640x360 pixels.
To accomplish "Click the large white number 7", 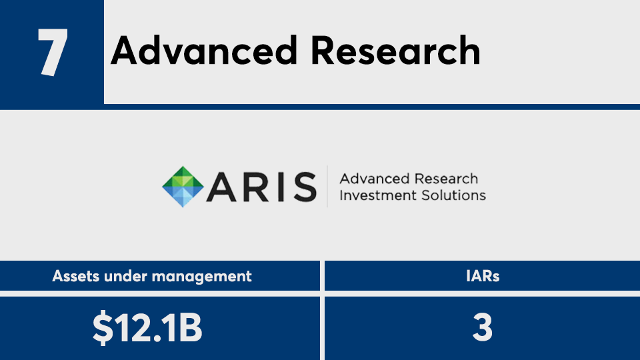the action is (x=53, y=52).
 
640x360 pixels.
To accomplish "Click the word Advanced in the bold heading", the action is (x=204, y=51).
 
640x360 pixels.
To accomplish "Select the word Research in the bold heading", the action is (x=395, y=51).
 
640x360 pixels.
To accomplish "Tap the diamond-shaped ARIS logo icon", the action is (x=183, y=187).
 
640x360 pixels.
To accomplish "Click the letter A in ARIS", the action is (x=221, y=187).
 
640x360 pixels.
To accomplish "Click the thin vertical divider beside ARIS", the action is (x=327, y=187).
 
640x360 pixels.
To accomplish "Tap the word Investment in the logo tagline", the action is (x=379, y=195).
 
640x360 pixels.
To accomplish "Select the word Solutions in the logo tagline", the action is (x=453, y=195).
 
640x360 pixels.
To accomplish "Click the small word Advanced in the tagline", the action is (x=375, y=179).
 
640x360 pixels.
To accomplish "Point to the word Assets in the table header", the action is (x=76, y=276).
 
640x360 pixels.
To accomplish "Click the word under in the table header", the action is (x=126, y=276).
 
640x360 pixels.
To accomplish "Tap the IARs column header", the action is (x=483, y=276).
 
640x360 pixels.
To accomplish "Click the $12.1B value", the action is (x=147, y=327).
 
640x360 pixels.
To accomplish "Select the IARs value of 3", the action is (x=483, y=327).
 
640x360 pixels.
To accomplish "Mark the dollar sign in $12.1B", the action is (x=103, y=327).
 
